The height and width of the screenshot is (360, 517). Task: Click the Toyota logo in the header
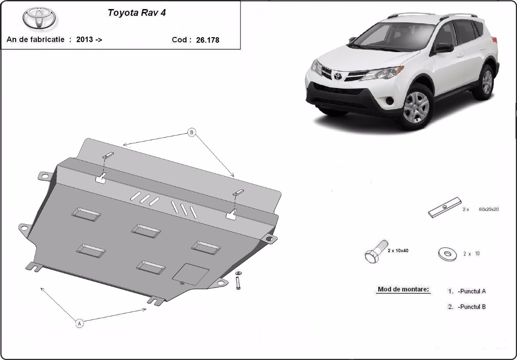point(39,19)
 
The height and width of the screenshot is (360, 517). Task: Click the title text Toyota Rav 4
point(136,13)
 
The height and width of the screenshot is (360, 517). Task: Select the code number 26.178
point(208,40)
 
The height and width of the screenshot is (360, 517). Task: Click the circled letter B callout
point(192,133)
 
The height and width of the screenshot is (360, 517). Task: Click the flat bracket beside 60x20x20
point(445,208)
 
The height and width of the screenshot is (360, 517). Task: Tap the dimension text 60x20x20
point(489,209)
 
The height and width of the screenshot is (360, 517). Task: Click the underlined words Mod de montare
point(403,289)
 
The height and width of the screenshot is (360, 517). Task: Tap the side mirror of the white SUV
point(444,47)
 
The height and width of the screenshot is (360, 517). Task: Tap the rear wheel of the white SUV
point(487,81)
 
